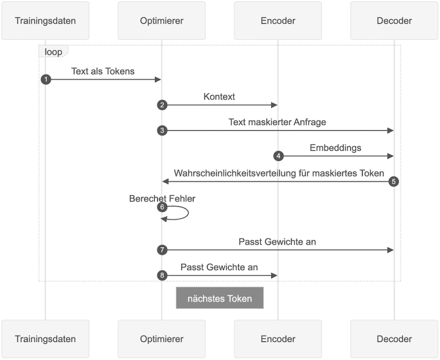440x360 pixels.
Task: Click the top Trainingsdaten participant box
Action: point(45,21)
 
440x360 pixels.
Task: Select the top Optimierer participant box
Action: point(161,21)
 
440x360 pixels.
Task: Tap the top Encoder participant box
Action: point(277,21)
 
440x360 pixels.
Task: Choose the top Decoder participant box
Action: point(394,21)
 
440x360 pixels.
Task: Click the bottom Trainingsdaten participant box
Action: point(45,338)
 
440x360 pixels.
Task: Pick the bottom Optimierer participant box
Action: point(161,338)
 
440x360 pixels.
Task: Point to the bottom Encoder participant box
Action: point(277,338)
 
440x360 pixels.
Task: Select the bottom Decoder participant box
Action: point(394,338)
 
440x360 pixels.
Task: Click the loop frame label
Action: point(53,51)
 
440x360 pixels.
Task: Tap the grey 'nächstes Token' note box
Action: point(220,298)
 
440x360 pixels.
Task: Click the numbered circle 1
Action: point(45,79)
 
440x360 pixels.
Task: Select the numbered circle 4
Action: point(278,156)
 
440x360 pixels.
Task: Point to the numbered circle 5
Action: point(394,182)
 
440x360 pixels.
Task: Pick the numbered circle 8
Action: point(162,275)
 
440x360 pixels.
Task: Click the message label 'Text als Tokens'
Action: point(103,71)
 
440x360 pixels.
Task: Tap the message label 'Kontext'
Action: point(219,97)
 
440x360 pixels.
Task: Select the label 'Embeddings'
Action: point(335,148)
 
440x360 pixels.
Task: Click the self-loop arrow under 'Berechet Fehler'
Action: point(180,213)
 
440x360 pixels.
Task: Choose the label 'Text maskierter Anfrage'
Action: point(277,122)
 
